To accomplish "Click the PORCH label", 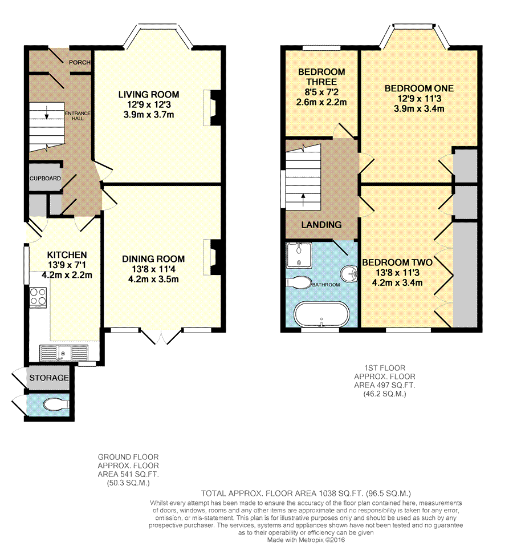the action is pyautogui.click(x=80, y=62).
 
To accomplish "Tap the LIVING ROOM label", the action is pyautogui.click(x=149, y=94).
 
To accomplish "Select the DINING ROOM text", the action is pyautogui.click(x=153, y=258).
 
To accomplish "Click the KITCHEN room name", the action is pyautogui.click(x=67, y=255).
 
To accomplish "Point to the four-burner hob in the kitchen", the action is pyautogui.click(x=38, y=297).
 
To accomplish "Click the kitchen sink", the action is pyautogui.click(x=64, y=353).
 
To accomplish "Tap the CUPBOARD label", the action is pyautogui.click(x=45, y=178).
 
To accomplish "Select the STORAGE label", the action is pyautogui.click(x=49, y=378).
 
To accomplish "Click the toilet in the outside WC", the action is pyautogui.click(x=56, y=405).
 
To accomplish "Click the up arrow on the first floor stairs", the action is pyautogui.click(x=303, y=199).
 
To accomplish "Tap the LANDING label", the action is pyautogui.click(x=321, y=225).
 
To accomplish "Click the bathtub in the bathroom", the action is pyautogui.click(x=321, y=314).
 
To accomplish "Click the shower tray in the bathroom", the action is pyautogui.click(x=299, y=256).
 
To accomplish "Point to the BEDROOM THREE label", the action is pyautogui.click(x=321, y=77).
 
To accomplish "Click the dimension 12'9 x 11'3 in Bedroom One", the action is pyautogui.click(x=420, y=99).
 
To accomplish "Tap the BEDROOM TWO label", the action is pyautogui.click(x=397, y=262).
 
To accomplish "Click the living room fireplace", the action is pyautogui.click(x=212, y=108).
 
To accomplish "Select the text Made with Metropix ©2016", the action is pyautogui.click(x=306, y=540).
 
